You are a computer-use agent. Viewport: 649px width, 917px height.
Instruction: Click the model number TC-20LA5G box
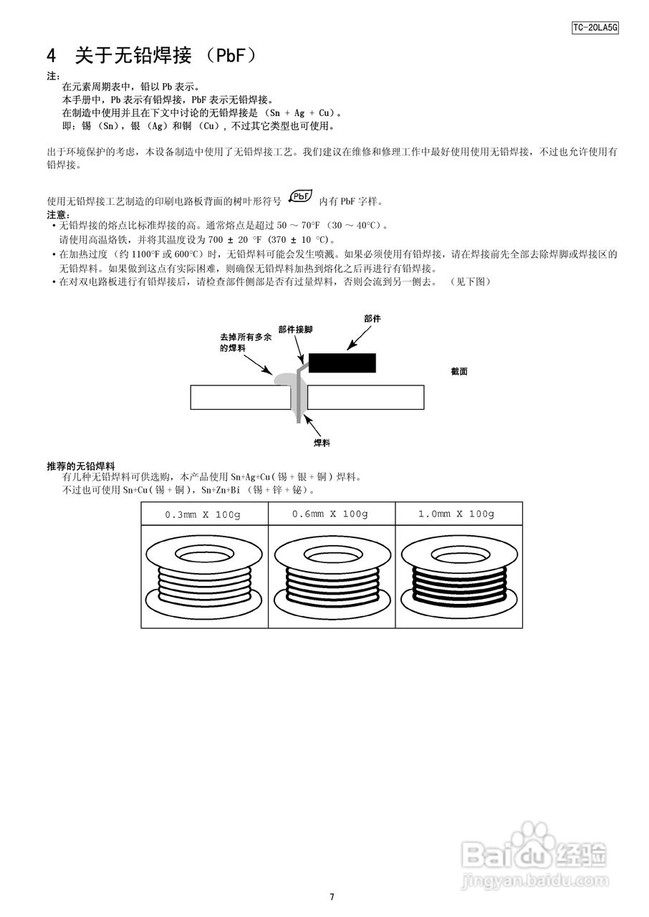click(595, 28)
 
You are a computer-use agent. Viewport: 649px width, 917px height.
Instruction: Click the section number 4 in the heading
click(52, 55)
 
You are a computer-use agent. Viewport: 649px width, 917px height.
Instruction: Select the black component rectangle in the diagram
click(342, 363)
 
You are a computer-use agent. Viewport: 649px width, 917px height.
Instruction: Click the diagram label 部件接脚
click(295, 330)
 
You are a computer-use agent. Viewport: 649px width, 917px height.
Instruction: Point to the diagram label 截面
click(459, 372)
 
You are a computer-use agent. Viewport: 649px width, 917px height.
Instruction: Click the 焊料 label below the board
click(322, 443)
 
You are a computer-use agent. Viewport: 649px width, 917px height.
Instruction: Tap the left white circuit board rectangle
click(240, 397)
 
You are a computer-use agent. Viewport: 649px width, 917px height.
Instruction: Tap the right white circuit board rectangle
click(365, 397)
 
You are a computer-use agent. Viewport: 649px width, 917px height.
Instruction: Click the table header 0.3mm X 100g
click(204, 514)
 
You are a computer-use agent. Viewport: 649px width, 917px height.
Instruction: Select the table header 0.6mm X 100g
click(331, 514)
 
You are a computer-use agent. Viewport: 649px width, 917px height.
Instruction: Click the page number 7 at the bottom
click(332, 897)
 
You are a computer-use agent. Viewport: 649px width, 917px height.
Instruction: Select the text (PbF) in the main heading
click(231, 55)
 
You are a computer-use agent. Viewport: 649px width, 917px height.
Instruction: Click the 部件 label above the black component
click(372, 318)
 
